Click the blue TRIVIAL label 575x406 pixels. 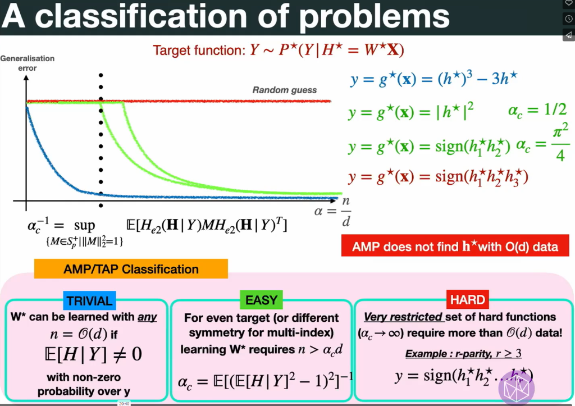(x=90, y=300)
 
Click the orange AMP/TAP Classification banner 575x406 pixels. (x=131, y=269)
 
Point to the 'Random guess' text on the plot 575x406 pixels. (x=284, y=90)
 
